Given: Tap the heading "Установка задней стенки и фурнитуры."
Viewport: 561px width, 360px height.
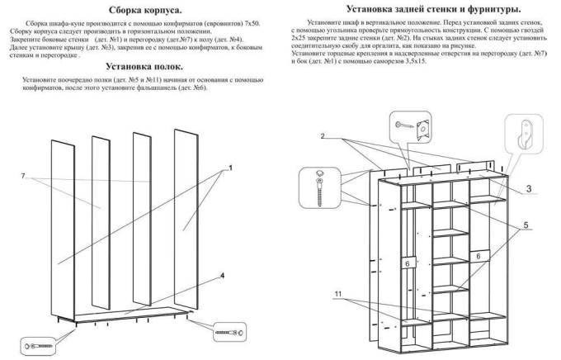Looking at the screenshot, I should point(421,7).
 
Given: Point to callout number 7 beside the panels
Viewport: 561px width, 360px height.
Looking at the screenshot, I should point(24,177).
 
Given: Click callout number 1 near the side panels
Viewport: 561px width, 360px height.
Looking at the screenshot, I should point(231,168).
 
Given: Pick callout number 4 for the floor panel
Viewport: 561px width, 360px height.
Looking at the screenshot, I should point(222,275).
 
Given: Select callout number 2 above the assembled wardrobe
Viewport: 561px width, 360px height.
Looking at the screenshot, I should point(323,135).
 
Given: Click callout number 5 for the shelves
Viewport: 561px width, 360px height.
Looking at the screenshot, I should point(526,225).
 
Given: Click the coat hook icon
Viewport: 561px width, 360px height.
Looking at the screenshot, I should point(521,130).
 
